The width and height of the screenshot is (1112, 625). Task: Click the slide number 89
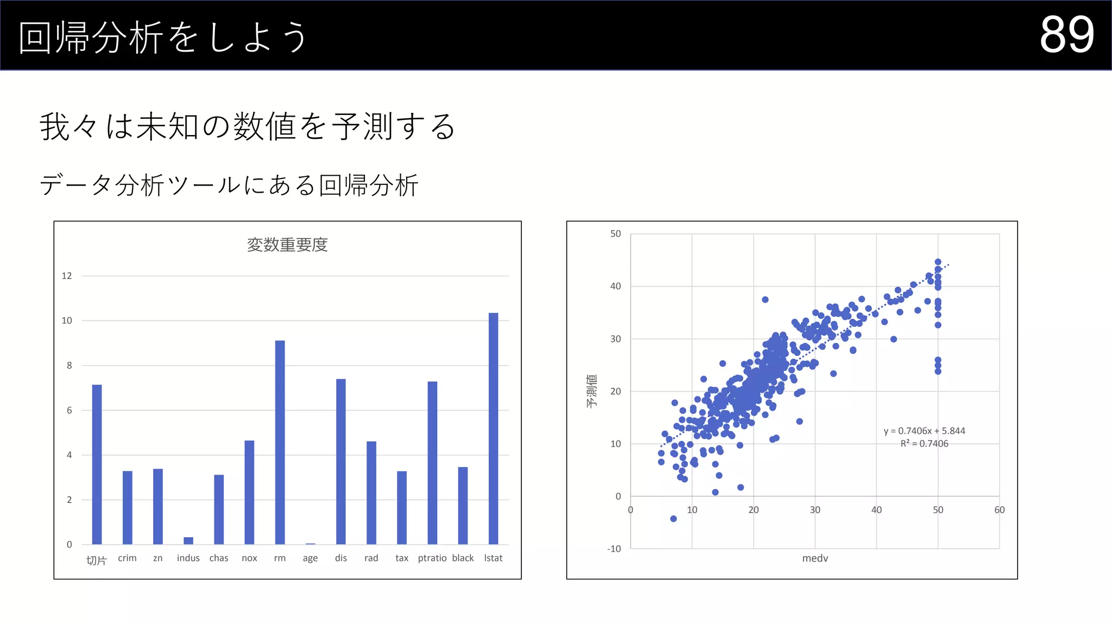1066,35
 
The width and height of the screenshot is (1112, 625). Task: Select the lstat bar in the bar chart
493,429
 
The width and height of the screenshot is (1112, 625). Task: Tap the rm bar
280,442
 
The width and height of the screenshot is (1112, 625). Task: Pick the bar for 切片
97,464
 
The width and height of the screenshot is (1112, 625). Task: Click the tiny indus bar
188,540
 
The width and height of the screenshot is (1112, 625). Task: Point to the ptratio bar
432,463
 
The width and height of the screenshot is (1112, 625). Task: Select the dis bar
340,461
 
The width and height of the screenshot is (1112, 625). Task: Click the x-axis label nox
249,558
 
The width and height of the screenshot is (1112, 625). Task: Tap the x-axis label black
463,558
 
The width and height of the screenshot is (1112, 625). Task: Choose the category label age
310,558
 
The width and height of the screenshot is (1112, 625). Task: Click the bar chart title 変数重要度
287,245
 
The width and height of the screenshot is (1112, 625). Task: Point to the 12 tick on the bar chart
67,276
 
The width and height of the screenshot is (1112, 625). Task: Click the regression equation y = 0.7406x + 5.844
924,431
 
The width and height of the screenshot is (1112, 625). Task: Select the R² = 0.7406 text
924,444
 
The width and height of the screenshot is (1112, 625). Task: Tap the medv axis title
815,558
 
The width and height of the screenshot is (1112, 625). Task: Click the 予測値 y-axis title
592,391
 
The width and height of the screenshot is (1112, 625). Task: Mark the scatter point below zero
673,519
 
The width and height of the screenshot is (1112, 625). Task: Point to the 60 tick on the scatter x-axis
999,510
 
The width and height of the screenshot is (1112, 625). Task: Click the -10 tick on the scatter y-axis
614,549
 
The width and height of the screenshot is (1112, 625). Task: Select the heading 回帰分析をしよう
163,37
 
